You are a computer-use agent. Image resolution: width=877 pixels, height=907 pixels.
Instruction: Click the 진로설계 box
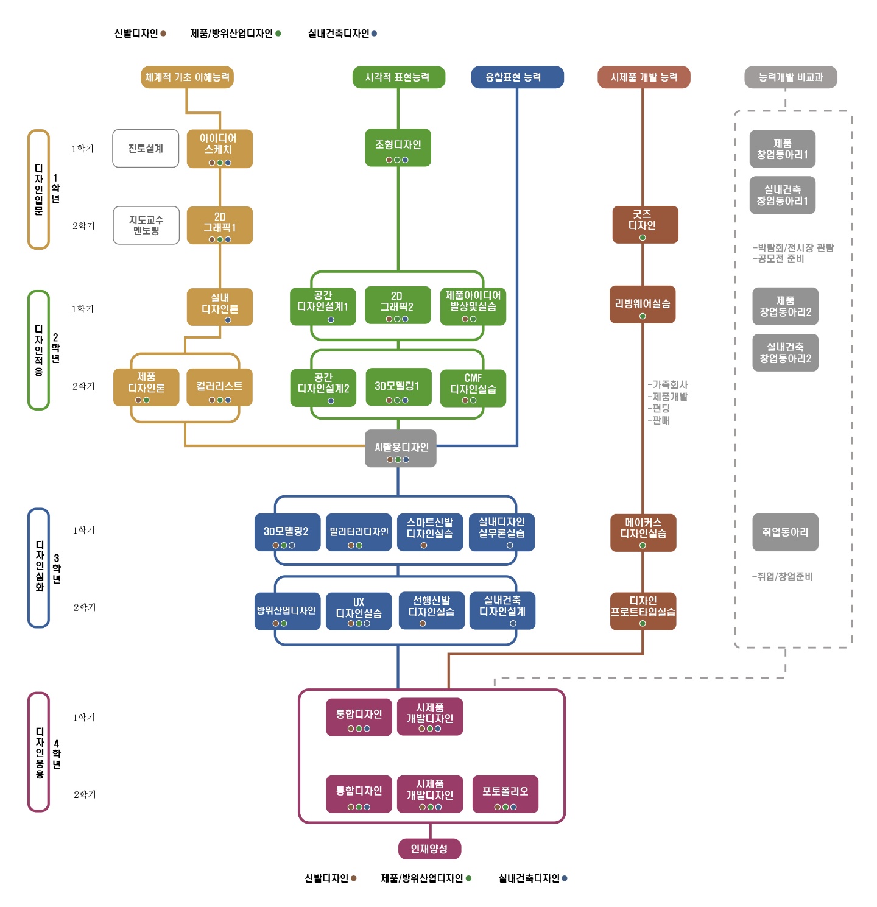[146, 148]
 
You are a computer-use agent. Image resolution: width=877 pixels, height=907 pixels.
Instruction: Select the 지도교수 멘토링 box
[146, 225]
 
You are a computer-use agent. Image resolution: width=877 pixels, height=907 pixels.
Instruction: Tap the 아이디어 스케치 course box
[219, 148]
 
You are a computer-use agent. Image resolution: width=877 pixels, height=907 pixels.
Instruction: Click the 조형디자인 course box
[398, 147]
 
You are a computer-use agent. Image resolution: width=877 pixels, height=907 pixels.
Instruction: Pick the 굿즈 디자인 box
[645, 224]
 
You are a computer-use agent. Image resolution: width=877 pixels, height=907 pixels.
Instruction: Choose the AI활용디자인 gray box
[401, 448]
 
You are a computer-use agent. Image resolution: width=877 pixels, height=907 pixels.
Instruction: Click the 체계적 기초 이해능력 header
[187, 77]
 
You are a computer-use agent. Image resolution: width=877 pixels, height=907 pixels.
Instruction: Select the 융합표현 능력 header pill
[517, 77]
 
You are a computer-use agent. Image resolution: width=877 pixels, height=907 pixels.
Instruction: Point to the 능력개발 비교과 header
[791, 77]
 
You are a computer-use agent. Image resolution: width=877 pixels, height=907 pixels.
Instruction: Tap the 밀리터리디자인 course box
[359, 532]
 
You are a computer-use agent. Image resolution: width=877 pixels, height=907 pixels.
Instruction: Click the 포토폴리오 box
[505, 794]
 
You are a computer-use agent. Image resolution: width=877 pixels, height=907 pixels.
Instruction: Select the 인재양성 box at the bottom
[429, 849]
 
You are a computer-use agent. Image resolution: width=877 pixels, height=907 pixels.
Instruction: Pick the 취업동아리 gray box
[785, 532]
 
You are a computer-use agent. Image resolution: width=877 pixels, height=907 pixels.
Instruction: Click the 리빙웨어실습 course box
[643, 304]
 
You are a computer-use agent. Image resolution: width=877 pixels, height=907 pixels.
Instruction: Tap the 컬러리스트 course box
[219, 387]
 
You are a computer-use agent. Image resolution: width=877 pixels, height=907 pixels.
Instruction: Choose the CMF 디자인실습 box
[473, 387]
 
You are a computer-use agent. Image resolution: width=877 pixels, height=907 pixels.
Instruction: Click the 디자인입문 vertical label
[39, 189]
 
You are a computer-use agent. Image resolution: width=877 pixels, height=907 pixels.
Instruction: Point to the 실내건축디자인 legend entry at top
[342, 34]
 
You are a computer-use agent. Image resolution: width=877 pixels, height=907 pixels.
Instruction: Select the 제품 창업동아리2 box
[785, 306]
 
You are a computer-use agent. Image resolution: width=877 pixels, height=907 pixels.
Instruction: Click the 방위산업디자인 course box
[287, 611]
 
